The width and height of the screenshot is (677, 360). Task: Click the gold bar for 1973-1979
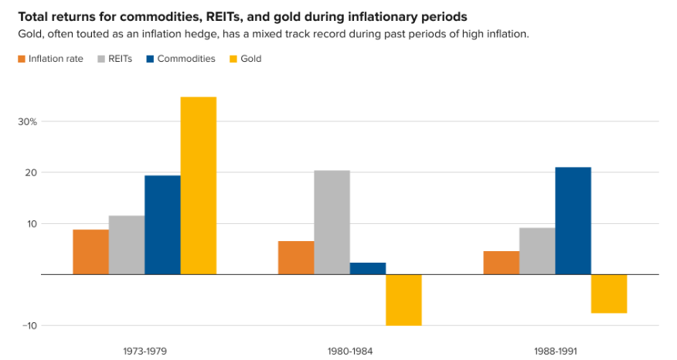click(x=198, y=185)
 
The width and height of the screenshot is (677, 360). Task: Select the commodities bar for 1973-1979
click(x=162, y=225)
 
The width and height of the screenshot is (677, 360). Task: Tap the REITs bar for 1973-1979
click(x=127, y=245)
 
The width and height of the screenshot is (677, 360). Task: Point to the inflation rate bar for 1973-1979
click(x=90, y=252)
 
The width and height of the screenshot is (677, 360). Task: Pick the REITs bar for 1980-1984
click(x=332, y=222)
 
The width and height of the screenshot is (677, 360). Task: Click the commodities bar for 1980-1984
click(x=367, y=269)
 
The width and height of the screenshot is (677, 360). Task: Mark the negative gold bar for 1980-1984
click(x=403, y=300)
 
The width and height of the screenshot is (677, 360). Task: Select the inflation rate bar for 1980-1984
click(x=296, y=258)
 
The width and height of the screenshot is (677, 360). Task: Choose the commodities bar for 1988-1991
click(x=573, y=221)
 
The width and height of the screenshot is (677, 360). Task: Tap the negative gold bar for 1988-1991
click(x=609, y=294)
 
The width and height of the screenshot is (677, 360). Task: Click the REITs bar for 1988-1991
click(x=537, y=251)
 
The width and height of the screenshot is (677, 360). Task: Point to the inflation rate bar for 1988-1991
click(x=502, y=263)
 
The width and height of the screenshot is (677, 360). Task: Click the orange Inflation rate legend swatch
click(x=22, y=59)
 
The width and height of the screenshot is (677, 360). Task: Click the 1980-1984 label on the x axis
click(x=350, y=351)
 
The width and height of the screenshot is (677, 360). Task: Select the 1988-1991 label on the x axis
click(x=555, y=351)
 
